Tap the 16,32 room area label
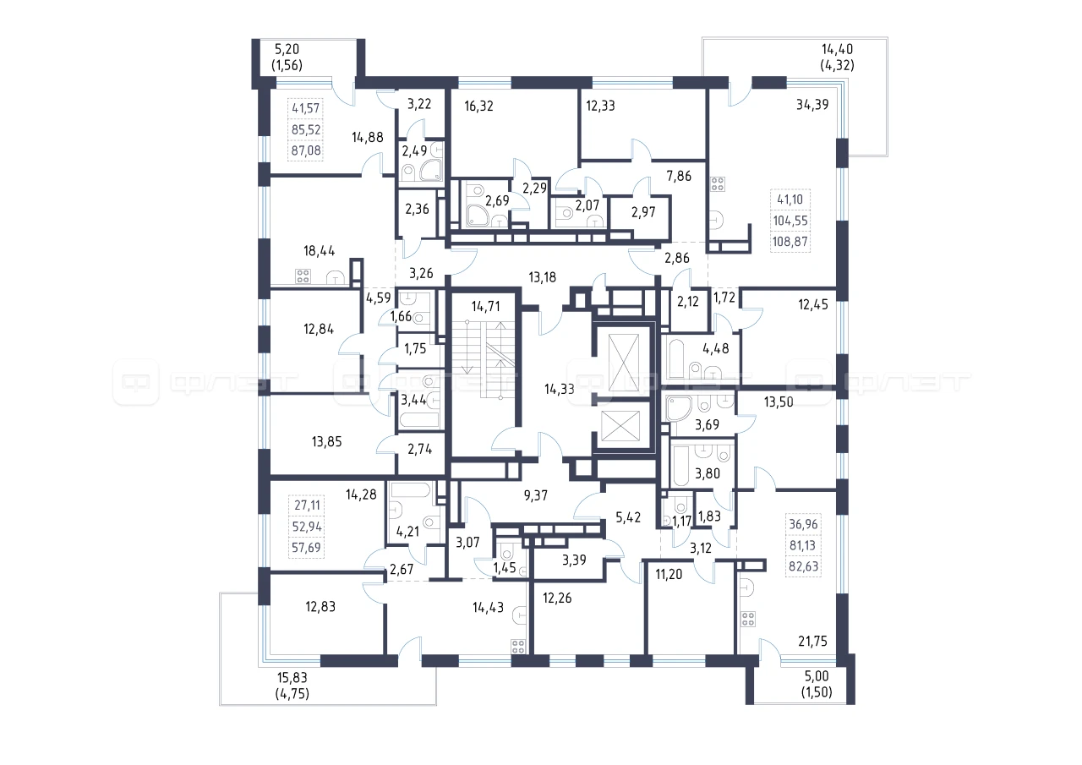[x=481, y=107]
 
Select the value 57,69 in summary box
[x=308, y=548]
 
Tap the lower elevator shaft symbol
[x=626, y=429]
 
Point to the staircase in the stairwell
[x=485, y=360]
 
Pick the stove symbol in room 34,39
[x=718, y=184]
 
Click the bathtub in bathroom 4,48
[x=675, y=359]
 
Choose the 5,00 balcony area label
[x=817, y=683]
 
